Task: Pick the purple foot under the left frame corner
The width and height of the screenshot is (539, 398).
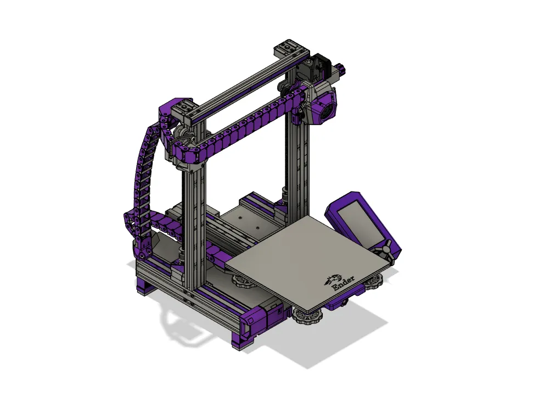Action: click(144, 287)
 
